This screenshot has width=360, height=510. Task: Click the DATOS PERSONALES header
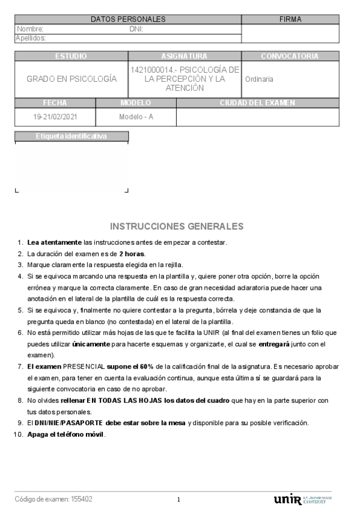click(128, 19)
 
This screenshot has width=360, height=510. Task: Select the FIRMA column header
click(290, 19)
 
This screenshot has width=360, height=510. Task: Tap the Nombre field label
click(30, 29)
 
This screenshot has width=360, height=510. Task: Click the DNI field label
click(136, 29)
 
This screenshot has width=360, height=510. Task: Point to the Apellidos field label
click(31, 38)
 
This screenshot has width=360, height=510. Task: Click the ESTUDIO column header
click(71, 57)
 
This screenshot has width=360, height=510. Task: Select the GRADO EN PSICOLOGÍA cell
click(72, 79)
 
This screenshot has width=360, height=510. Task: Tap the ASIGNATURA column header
click(184, 57)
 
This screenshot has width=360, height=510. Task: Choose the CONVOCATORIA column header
click(290, 57)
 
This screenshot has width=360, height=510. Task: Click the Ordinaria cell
click(259, 79)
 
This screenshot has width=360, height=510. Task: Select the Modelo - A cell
click(136, 117)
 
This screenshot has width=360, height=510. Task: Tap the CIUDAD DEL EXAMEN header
click(257, 103)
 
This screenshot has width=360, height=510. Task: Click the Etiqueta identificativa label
click(71, 137)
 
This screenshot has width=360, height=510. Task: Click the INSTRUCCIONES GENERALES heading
click(177, 227)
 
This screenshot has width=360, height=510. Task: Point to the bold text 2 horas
click(132, 254)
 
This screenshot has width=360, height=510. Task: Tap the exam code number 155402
click(82, 499)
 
